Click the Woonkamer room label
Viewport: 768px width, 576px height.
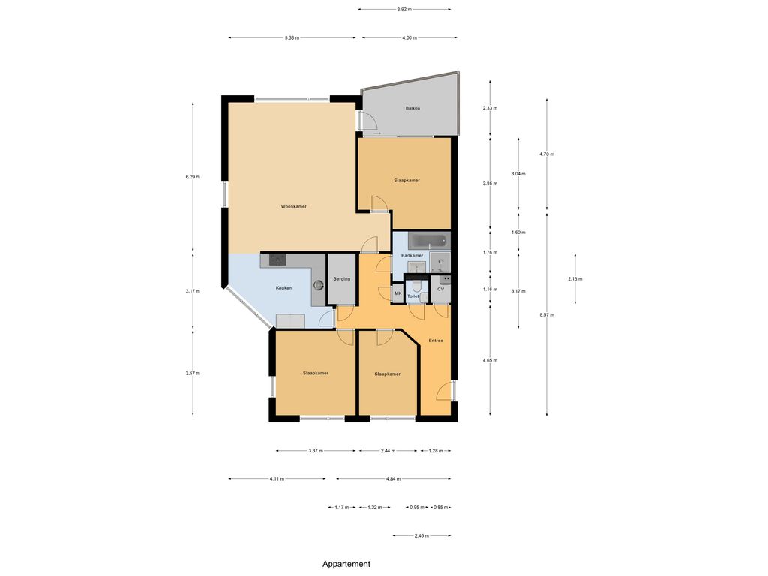[x=293, y=207]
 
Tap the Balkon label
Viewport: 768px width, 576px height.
[x=412, y=108]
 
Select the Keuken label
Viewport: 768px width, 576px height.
[x=283, y=288]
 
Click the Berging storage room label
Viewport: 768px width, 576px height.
[x=341, y=279]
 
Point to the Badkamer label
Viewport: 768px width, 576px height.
[x=412, y=256]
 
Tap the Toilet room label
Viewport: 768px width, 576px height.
[x=413, y=296]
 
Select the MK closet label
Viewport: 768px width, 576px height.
[x=397, y=293]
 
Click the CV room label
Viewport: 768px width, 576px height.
[x=440, y=289]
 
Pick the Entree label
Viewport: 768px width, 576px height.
[x=436, y=340]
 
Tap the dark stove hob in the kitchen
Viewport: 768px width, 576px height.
[x=277, y=259]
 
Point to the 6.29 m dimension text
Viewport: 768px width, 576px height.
[x=193, y=177]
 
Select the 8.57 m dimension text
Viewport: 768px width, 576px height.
[x=547, y=315]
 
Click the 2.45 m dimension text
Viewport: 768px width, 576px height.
[x=421, y=535]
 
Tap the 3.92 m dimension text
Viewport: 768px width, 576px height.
[x=404, y=9]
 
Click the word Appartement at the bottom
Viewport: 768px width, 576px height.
[x=346, y=564]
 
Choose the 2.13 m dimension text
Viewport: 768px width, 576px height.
[x=575, y=279]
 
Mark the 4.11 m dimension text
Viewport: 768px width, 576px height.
[x=277, y=479]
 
